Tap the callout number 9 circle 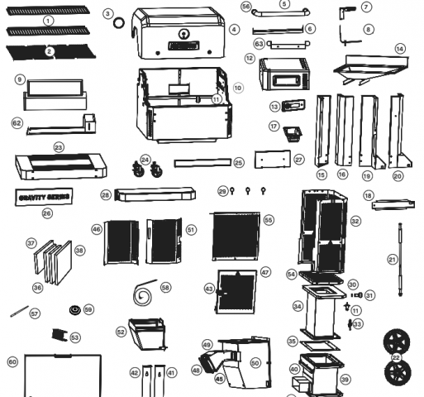point(18,79)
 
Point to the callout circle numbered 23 point(59,147)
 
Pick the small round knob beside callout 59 point(74,311)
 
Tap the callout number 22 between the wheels point(396,357)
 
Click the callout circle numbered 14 point(400,50)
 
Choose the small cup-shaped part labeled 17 point(292,132)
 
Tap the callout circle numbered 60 point(12,361)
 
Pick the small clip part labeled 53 point(57,335)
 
